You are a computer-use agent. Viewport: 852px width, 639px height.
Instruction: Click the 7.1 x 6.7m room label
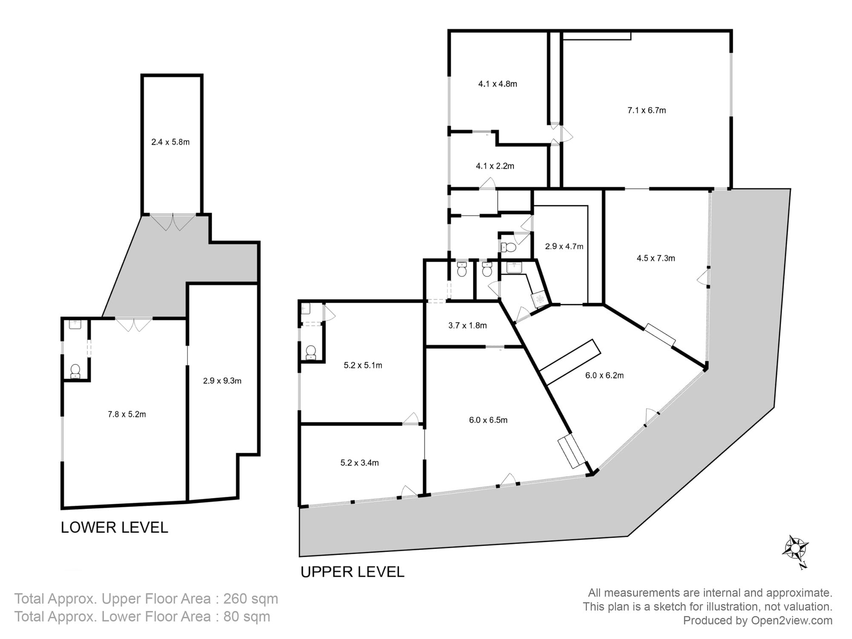click(646, 110)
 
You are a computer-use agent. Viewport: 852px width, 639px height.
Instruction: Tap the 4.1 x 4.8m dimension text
click(498, 84)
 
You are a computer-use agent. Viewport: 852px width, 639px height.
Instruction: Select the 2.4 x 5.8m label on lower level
click(170, 142)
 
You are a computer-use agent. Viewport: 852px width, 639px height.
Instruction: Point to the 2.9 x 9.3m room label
click(222, 381)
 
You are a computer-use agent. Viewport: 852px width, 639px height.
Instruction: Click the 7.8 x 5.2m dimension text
click(127, 414)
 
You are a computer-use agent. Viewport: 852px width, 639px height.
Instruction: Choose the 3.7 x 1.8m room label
click(467, 325)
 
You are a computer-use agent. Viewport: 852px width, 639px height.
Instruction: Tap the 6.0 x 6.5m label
click(488, 420)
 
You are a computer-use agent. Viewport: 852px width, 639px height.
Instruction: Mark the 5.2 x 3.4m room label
click(360, 463)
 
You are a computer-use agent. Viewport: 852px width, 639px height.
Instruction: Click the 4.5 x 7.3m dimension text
click(656, 258)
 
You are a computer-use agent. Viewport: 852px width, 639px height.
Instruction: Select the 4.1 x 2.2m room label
click(495, 166)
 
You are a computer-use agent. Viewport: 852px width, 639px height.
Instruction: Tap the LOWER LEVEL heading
click(114, 527)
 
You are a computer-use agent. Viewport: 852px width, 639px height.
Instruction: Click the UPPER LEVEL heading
click(352, 572)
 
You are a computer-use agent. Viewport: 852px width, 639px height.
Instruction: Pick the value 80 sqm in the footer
click(247, 616)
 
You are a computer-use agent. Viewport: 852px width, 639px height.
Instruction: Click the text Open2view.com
click(792, 620)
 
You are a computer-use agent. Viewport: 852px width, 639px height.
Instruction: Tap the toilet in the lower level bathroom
click(75, 371)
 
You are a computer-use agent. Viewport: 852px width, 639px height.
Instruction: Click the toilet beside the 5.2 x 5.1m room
click(311, 352)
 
